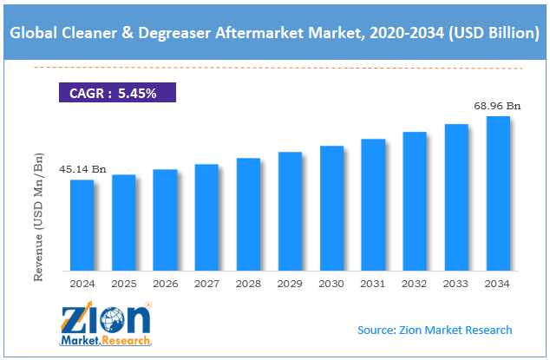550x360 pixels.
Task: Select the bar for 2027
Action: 206,218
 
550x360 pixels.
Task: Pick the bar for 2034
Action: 498,193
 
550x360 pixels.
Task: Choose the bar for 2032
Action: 415,201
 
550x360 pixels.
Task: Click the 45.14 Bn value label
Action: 82,169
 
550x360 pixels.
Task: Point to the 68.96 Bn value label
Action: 496,105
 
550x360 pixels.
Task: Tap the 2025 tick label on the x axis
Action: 123,284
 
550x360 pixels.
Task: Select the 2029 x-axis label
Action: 290,284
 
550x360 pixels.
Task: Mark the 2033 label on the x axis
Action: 456,284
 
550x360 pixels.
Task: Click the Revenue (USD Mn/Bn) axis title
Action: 38,218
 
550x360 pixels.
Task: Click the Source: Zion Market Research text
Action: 435,330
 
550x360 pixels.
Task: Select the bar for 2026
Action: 165,220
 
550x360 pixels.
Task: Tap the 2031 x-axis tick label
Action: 373,284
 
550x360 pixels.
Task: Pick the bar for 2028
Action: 248,214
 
